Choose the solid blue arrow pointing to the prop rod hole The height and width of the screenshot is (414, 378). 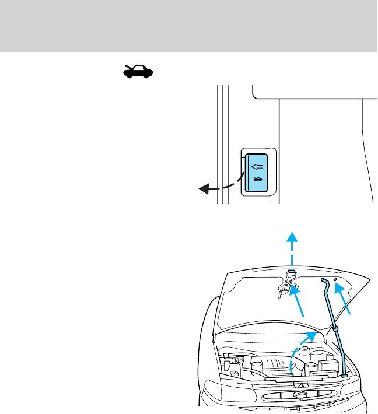click(x=344, y=300)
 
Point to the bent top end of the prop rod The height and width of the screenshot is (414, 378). click(x=323, y=281)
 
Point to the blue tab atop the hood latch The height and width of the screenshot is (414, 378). click(x=291, y=273)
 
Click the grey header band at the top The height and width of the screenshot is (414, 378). click(x=189, y=26)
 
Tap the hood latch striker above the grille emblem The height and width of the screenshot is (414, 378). click(x=300, y=384)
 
